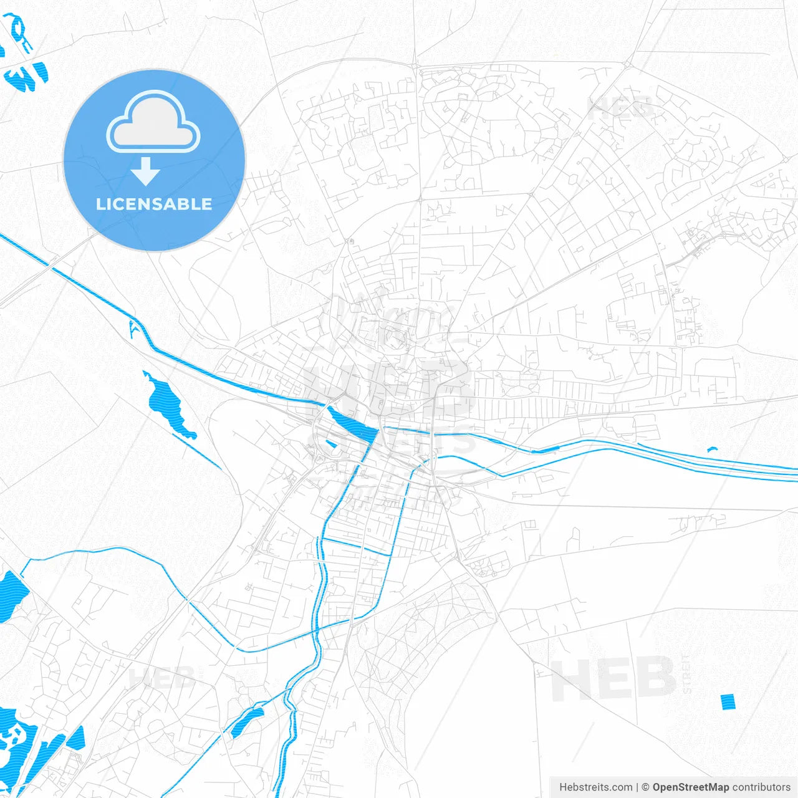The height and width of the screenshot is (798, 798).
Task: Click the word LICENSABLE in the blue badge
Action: click(154, 204)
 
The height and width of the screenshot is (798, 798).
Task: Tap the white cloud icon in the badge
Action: click(153, 123)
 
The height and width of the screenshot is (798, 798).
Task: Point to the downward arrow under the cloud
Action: click(146, 171)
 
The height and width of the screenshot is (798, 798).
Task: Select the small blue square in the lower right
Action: click(728, 702)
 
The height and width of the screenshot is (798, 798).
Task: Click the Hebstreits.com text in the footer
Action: click(595, 787)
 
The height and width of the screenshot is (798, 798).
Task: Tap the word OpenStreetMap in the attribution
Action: click(690, 787)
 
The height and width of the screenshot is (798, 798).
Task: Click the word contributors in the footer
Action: click(761, 787)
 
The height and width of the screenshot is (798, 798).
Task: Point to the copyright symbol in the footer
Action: click(645, 787)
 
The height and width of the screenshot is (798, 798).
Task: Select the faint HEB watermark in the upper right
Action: click(620, 109)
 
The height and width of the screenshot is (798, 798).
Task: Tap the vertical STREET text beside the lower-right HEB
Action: click(686, 674)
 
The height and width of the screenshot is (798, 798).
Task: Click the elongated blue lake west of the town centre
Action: click(168, 406)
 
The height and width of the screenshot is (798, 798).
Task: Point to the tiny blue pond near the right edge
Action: click(712, 449)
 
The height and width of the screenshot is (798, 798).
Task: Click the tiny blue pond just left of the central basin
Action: click(331, 444)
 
